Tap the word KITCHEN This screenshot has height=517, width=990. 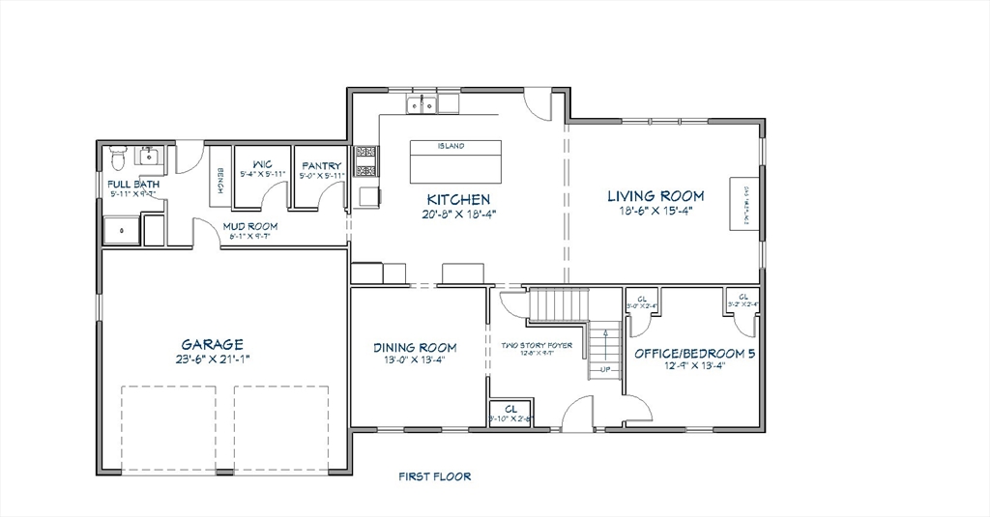click(454, 198)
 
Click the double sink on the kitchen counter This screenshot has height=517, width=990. click(422, 103)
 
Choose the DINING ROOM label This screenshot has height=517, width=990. click(415, 348)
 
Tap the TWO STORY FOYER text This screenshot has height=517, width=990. click(537, 345)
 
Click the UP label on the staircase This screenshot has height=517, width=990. click(605, 369)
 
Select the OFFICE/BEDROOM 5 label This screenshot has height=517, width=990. click(694, 354)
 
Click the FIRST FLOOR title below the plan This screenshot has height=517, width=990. click(435, 476)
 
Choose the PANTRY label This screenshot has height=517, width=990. click(319, 166)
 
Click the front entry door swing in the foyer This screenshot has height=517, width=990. click(578, 413)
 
